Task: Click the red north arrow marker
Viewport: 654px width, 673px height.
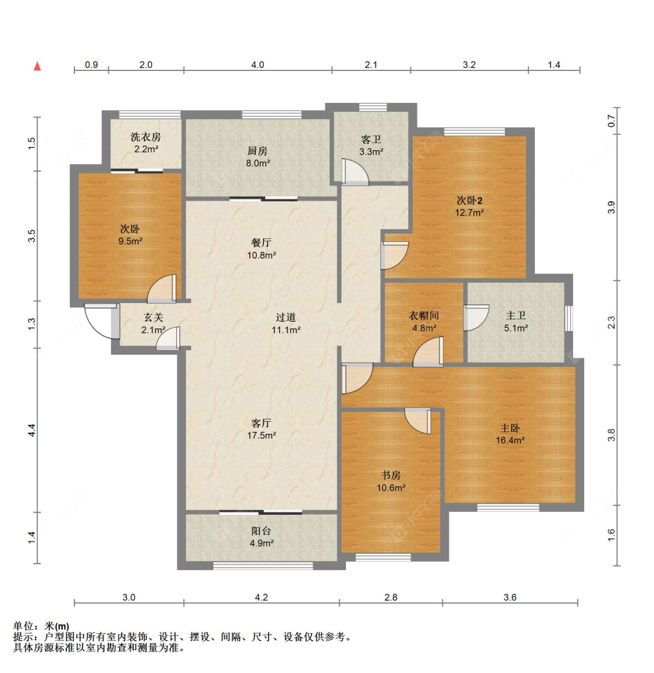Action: [x=38, y=66]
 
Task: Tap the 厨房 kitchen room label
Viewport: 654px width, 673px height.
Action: [x=257, y=151]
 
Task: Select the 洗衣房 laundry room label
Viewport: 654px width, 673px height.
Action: [x=145, y=137]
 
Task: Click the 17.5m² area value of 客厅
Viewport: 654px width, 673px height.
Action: [x=261, y=436]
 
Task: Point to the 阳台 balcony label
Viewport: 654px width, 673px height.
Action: [x=261, y=531]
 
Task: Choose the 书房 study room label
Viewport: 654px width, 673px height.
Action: [x=391, y=476]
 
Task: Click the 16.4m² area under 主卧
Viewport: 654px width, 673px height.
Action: [x=510, y=441]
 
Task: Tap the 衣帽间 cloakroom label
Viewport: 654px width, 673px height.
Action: [x=424, y=316]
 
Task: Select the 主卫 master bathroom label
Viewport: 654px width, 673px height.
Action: [x=516, y=316]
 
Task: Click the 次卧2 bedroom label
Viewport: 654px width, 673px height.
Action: [x=469, y=201]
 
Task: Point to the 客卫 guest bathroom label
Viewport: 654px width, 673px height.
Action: [x=371, y=140]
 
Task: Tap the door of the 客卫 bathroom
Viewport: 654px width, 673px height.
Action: [x=355, y=172]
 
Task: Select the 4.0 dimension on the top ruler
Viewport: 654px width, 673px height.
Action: [x=258, y=65]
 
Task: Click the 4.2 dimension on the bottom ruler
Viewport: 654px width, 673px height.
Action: [x=262, y=597]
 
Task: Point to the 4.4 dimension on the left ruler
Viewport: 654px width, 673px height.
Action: [x=32, y=430]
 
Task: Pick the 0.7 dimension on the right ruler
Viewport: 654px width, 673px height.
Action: [x=611, y=121]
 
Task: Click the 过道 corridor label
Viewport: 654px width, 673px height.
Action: [x=285, y=318]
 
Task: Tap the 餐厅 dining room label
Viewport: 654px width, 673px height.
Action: [x=261, y=243]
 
